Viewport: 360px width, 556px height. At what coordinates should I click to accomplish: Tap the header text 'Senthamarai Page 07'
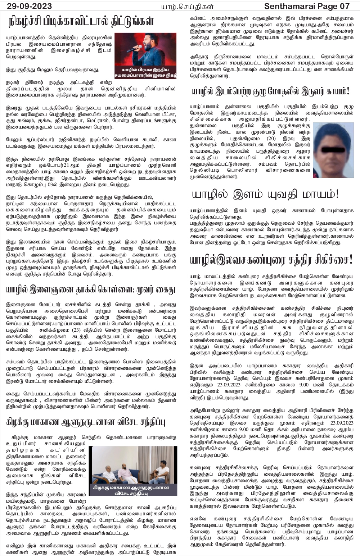point(307,6)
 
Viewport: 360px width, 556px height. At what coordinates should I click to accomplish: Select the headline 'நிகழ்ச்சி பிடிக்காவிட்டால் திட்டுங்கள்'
point(82,21)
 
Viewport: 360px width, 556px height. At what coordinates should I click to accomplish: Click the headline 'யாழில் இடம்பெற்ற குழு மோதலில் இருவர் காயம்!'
point(271,91)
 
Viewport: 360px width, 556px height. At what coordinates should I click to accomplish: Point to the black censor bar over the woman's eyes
point(333,148)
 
